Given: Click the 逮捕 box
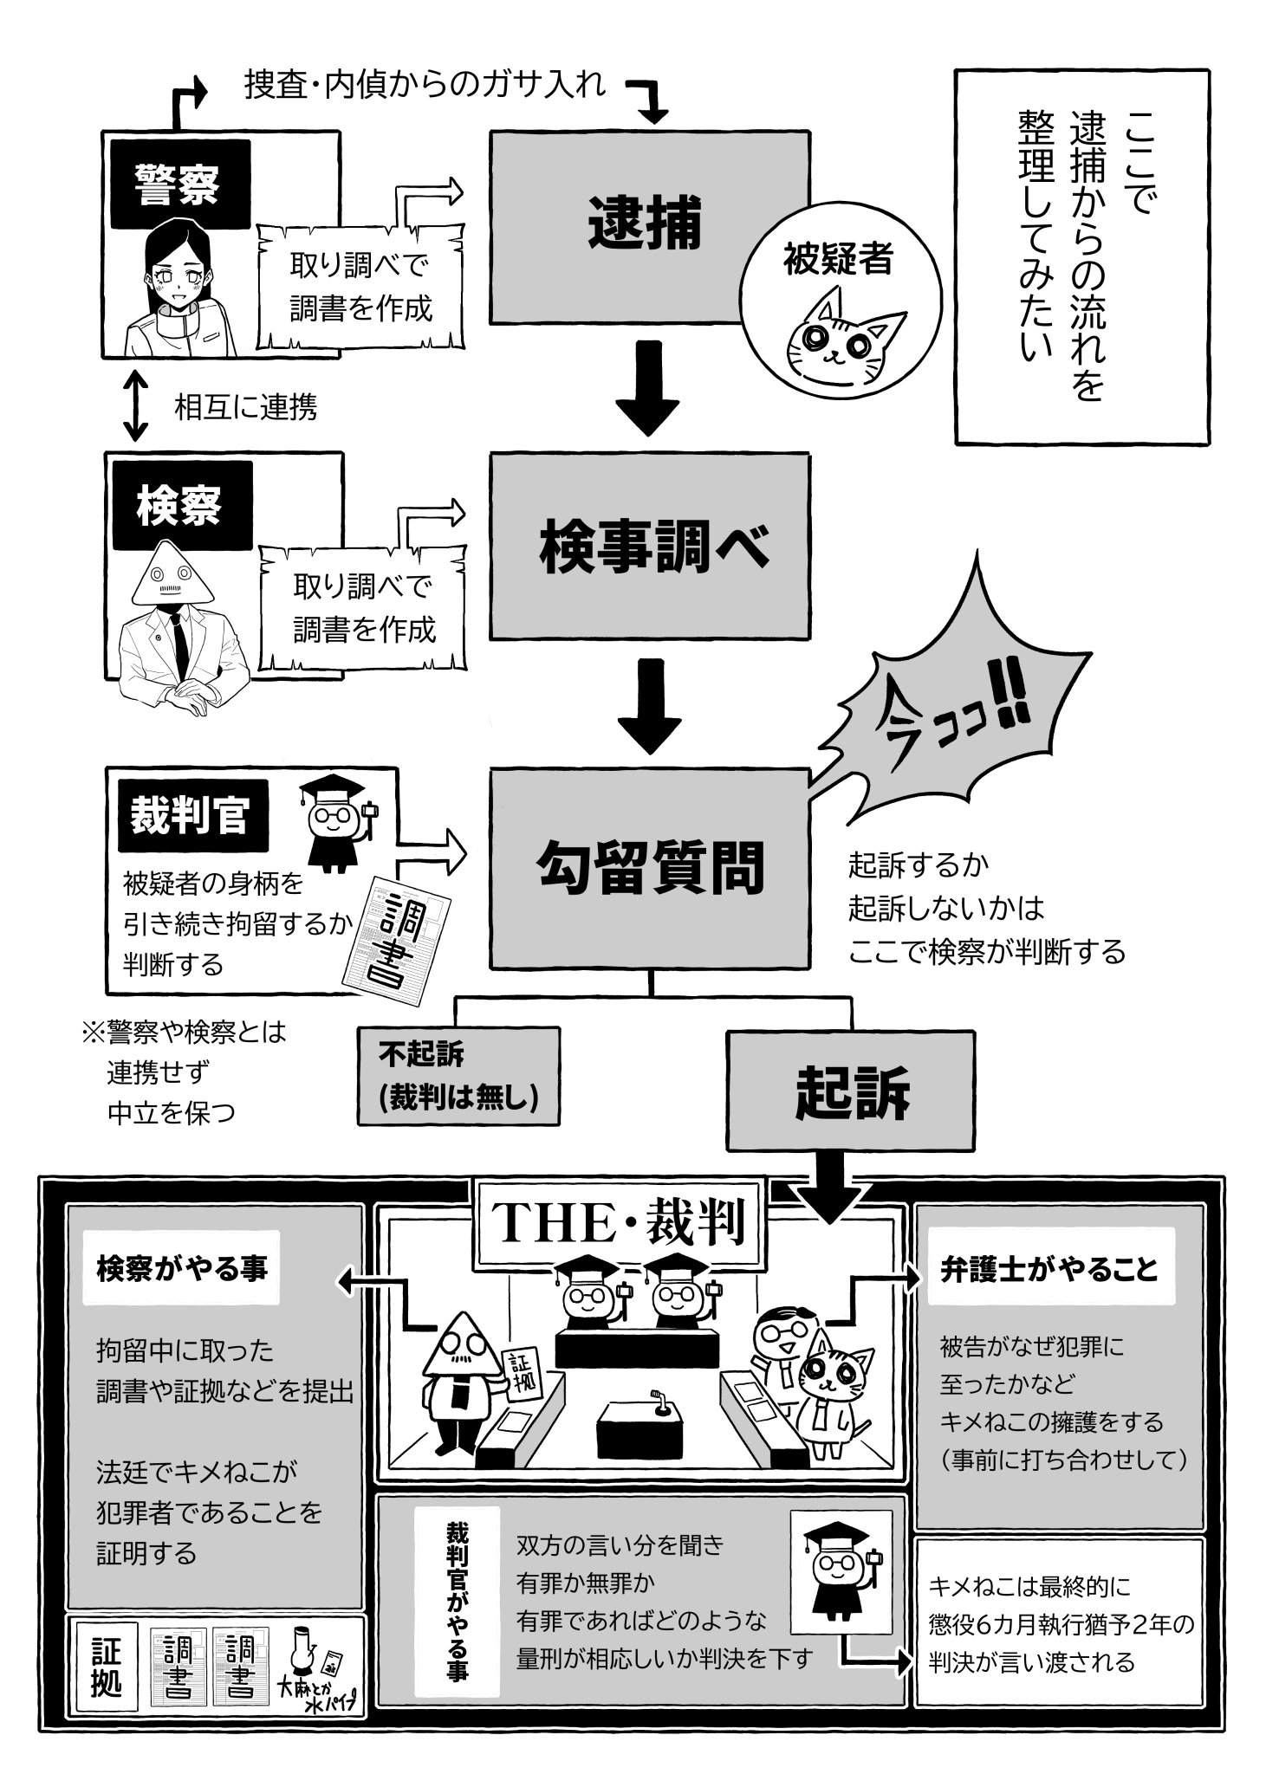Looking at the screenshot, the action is pyautogui.click(x=650, y=228).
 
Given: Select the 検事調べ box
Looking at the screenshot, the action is pyautogui.click(x=650, y=547).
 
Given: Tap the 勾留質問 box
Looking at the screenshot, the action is pyautogui.click(x=650, y=868).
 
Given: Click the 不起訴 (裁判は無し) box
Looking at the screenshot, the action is pyautogui.click(x=458, y=1076).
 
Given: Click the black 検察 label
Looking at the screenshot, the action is pyautogui.click(x=179, y=507).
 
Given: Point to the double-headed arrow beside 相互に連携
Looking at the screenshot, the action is pyautogui.click(x=134, y=405).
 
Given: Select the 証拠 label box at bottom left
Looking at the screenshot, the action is pyautogui.click(x=107, y=1667).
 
